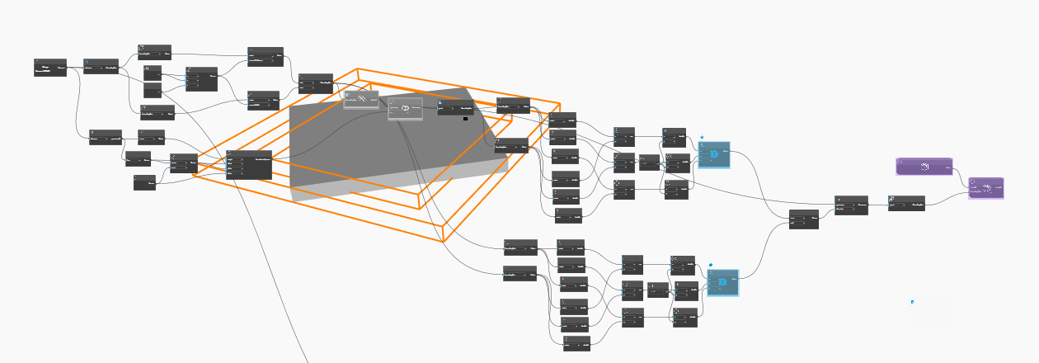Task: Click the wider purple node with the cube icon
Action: (x=924, y=167)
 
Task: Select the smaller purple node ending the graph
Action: (x=986, y=188)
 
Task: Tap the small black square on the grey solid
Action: (x=465, y=119)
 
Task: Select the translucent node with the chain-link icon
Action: (x=361, y=99)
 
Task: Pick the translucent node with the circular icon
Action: (x=405, y=109)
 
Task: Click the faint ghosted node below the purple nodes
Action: (x=929, y=311)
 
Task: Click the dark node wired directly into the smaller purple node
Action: (x=906, y=203)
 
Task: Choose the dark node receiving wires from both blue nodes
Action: (x=803, y=219)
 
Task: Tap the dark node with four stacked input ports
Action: (x=248, y=165)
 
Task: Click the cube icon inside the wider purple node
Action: (x=925, y=167)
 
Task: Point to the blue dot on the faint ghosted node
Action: (x=912, y=302)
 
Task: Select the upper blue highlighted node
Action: (x=714, y=155)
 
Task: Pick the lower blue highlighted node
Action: (x=723, y=283)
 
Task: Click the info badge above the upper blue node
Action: (x=702, y=138)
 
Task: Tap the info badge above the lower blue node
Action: (x=711, y=266)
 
